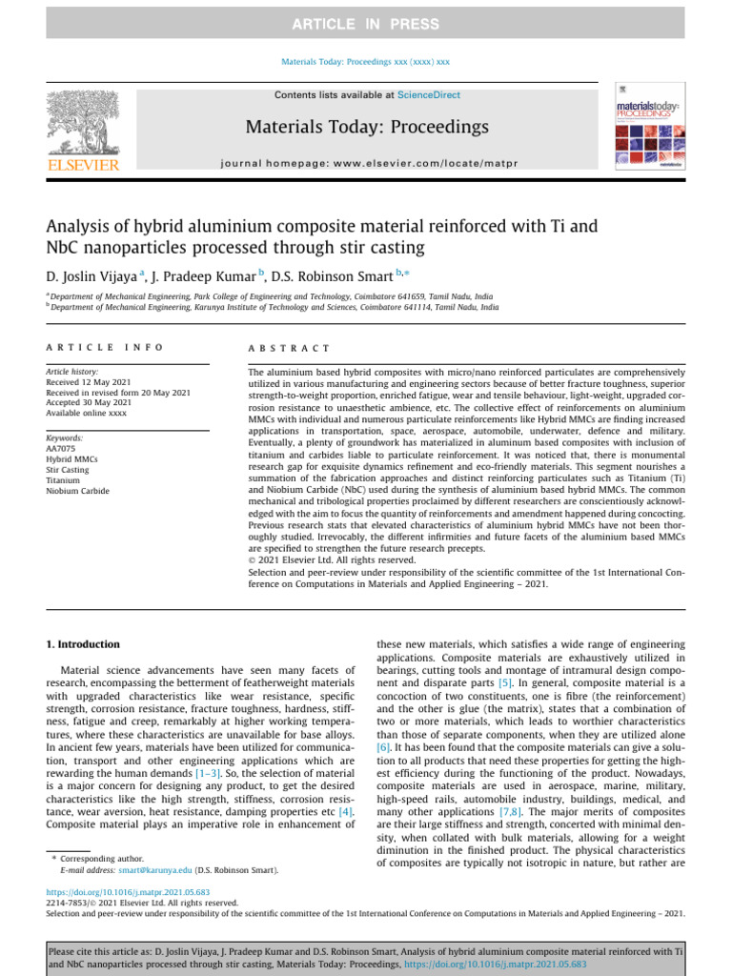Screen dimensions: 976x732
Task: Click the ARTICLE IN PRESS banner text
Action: (365, 24)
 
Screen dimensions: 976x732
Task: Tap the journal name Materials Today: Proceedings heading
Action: (367, 127)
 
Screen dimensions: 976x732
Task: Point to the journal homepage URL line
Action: (367, 163)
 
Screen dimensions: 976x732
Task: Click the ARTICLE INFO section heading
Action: (105, 349)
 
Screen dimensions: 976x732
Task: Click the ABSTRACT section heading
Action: (289, 349)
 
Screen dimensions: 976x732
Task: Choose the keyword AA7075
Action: (59, 448)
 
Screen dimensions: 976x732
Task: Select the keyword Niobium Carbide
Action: (77, 491)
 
